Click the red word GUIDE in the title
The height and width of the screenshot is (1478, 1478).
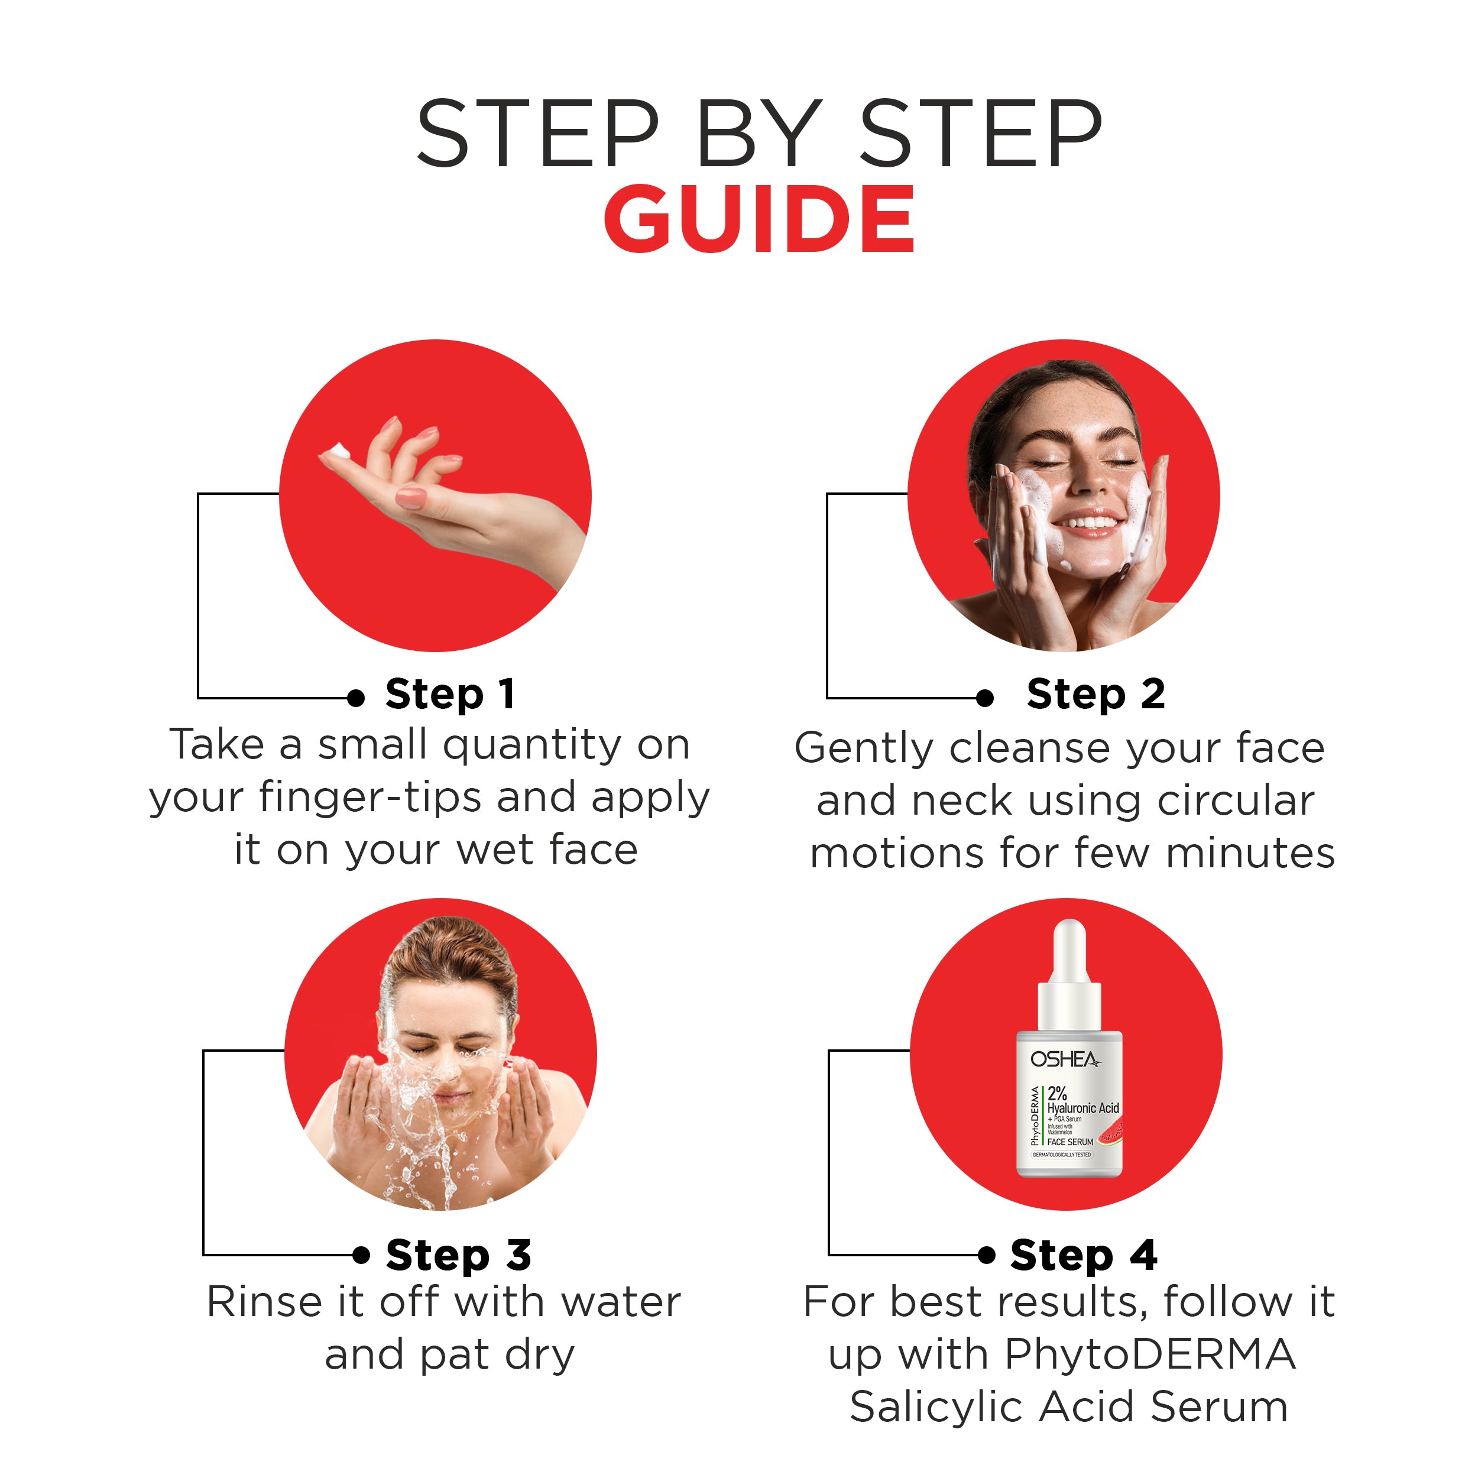tap(759, 219)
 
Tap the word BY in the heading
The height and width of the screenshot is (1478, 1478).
tap(759, 134)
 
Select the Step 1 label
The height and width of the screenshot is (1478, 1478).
tap(449, 695)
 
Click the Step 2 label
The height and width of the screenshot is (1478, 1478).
tap(1095, 695)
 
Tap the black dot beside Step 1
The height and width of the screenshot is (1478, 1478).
tap(355, 698)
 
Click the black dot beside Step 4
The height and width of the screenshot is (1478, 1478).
tap(987, 1255)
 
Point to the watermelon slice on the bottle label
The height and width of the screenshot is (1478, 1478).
tap(1111, 1132)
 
